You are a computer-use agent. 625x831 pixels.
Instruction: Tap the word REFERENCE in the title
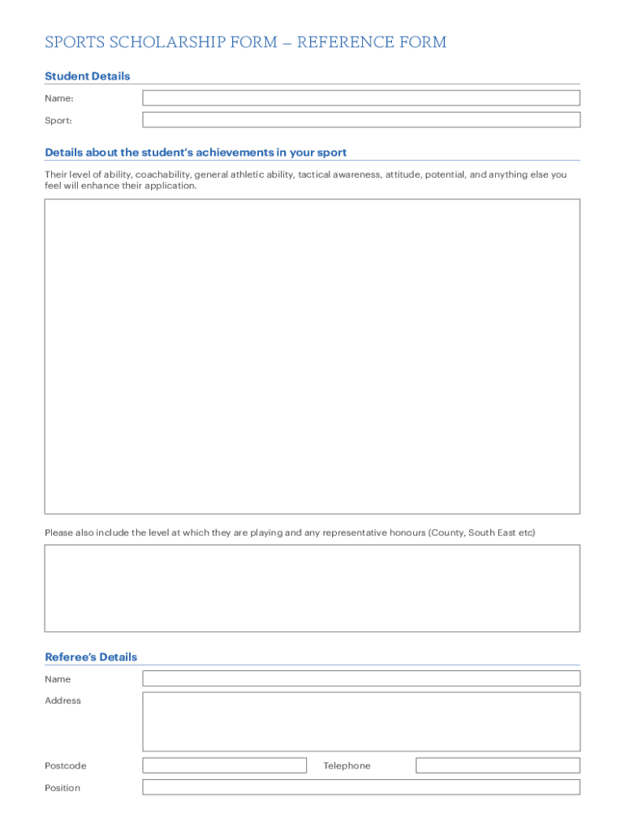tap(341, 42)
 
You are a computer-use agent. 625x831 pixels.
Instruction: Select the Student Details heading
tap(87, 76)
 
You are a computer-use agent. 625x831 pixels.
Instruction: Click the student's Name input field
tap(361, 98)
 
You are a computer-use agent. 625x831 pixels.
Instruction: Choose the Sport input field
tap(361, 120)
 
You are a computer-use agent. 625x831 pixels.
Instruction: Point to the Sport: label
tap(58, 120)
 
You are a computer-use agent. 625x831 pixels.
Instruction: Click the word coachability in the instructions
tap(162, 174)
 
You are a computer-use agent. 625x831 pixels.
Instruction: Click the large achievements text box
tap(312, 356)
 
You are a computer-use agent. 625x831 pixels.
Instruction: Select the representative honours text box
tap(312, 588)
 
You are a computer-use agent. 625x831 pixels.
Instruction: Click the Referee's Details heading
tap(91, 657)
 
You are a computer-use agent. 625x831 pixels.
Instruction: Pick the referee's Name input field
tap(361, 678)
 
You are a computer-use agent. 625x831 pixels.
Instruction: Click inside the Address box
tap(361, 721)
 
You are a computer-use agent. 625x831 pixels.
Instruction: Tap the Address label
tap(62, 700)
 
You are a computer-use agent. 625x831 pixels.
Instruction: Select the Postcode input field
tap(224, 765)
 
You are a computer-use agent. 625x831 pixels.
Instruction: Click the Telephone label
tap(347, 766)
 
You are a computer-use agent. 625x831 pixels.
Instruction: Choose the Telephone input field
tap(498, 765)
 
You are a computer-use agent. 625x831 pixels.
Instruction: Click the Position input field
tap(361, 787)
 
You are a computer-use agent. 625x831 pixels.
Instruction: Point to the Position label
tap(62, 788)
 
